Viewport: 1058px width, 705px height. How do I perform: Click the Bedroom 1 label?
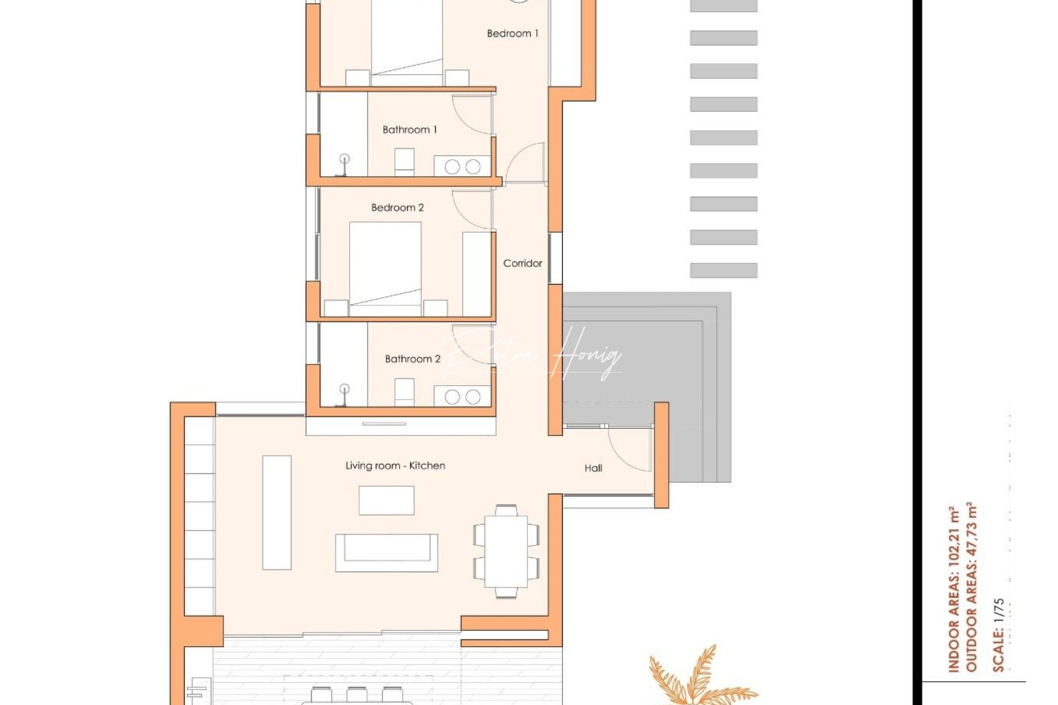click(513, 33)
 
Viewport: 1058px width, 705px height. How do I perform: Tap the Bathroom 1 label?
click(409, 130)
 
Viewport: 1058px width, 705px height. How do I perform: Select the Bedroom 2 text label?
click(397, 208)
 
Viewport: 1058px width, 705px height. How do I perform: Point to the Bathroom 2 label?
click(412, 359)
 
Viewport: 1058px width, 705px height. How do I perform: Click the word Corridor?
click(522, 263)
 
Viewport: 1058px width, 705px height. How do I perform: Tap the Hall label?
click(593, 468)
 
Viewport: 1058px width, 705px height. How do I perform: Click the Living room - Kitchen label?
click(395, 465)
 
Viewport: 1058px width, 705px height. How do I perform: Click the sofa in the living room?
click(387, 552)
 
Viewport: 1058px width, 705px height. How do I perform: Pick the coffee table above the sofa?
click(386, 500)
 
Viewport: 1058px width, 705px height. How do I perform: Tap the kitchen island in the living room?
click(277, 512)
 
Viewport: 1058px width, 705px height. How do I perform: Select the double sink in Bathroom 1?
click(462, 166)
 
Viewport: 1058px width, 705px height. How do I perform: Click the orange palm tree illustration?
click(699, 679)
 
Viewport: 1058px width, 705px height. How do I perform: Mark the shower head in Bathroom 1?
click(344, 159)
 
